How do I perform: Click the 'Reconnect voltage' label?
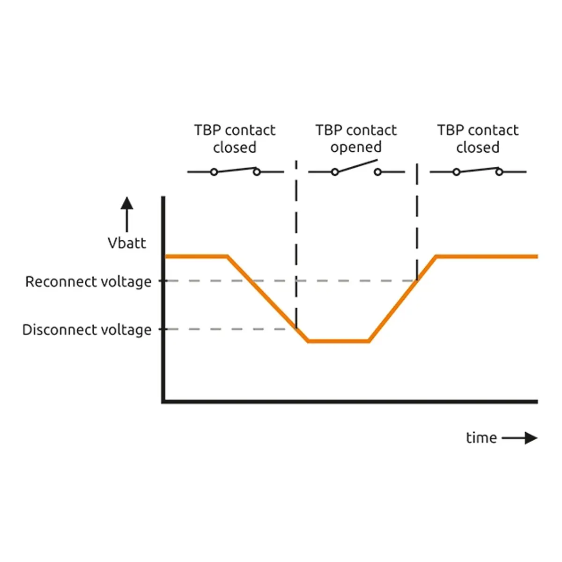click(89, 282)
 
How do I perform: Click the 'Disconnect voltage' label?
click(87, 330)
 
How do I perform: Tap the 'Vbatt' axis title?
click(127, 243)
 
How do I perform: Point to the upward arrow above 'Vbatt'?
click(127, 214)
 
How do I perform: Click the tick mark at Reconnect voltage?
click(161, 281)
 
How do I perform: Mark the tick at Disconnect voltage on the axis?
click(161, 329)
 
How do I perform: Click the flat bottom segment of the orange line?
click(338, 340)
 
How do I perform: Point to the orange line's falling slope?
click(268, 299)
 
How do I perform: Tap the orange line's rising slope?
click(402, 299)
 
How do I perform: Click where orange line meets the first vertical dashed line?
click(296, 328)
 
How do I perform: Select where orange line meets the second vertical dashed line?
click(417, 280)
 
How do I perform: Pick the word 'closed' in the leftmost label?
click(235, 148)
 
